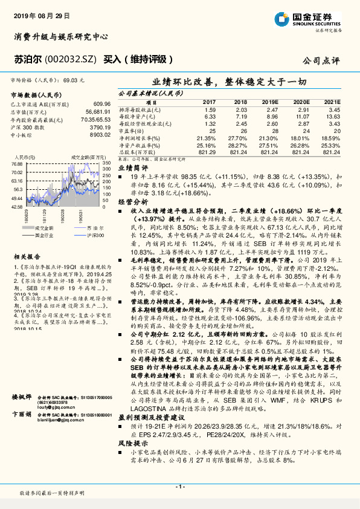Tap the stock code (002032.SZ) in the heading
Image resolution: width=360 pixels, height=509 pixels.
70,60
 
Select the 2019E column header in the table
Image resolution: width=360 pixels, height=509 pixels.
270,102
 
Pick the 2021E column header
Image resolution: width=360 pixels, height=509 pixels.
332,102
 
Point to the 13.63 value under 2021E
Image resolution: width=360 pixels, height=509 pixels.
333,115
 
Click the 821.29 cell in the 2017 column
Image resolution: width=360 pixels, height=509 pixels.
207,151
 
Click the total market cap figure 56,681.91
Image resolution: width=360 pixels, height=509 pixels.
97,112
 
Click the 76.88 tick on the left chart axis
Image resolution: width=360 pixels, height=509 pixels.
16,164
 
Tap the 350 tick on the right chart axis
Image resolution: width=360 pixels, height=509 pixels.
106,164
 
